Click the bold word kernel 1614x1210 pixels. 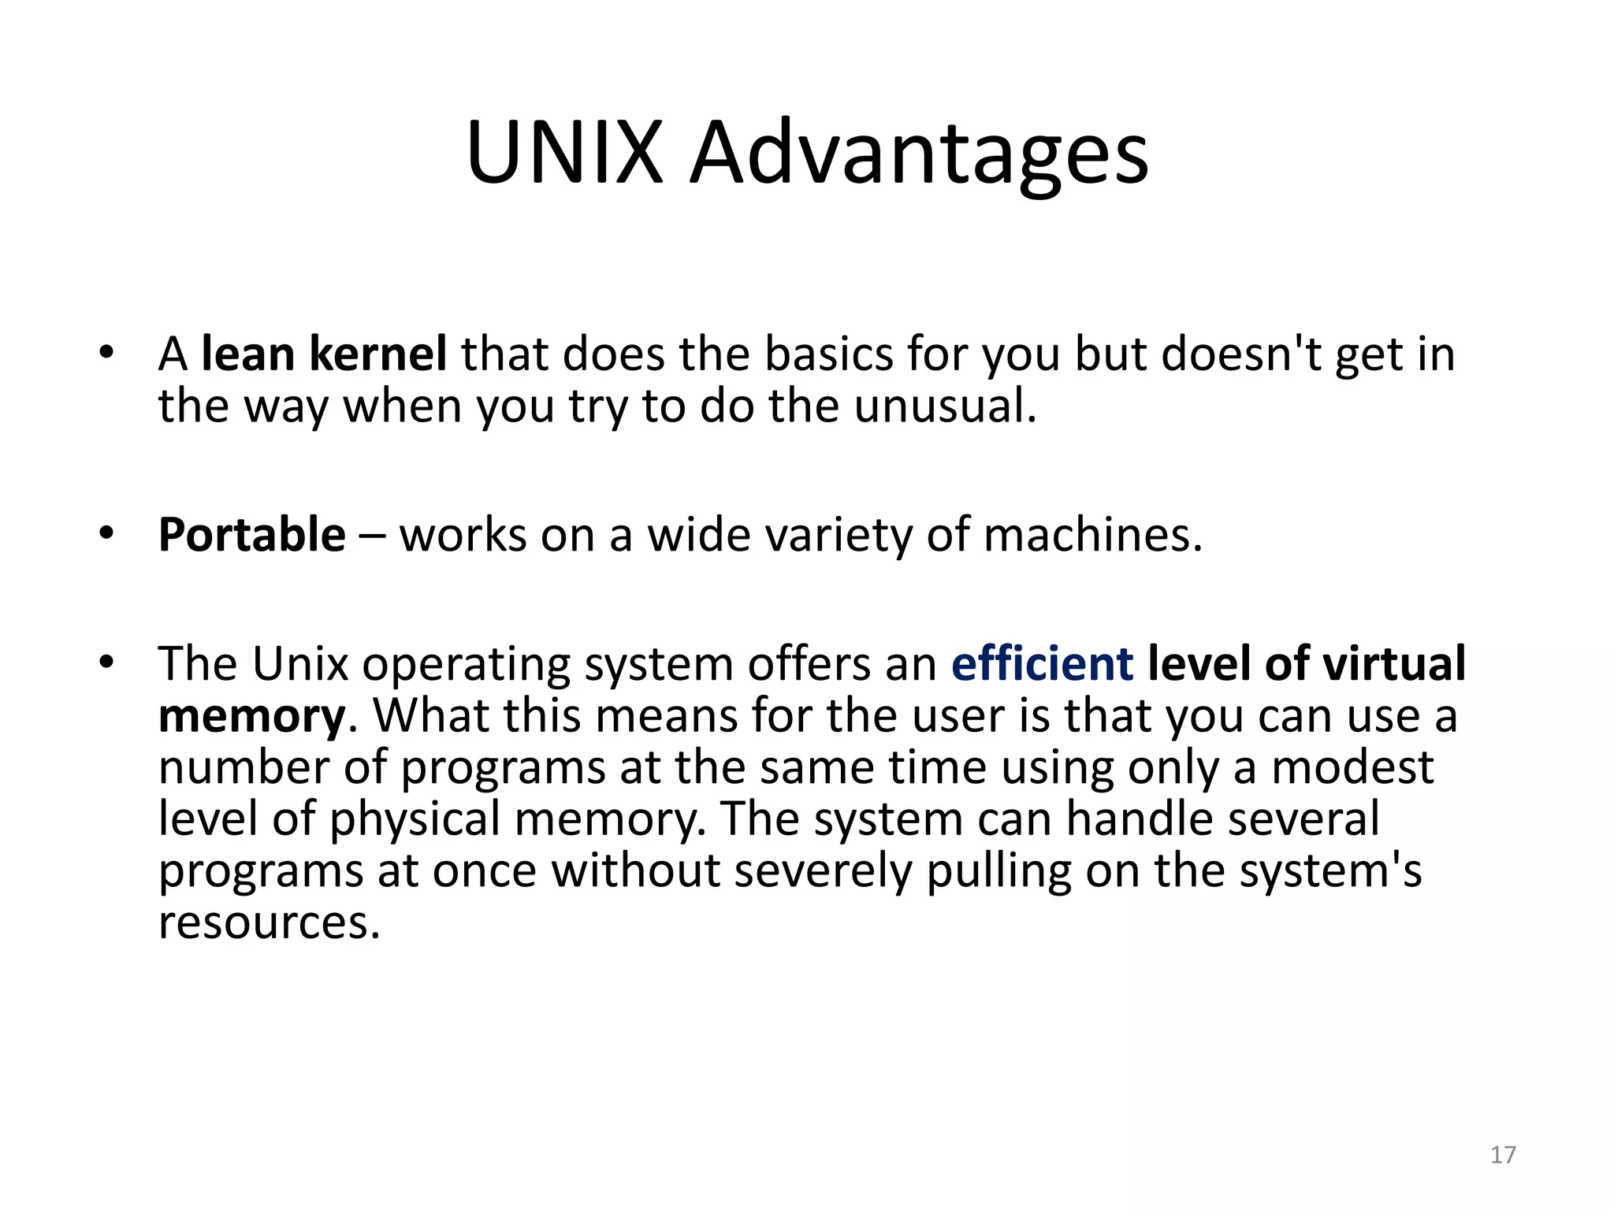378,354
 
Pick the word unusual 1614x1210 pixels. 945,406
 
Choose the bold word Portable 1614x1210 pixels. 252,536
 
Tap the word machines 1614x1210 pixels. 1093,536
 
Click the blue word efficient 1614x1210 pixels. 1042,664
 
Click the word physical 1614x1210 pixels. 415,820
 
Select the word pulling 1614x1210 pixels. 999,872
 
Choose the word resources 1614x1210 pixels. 269,922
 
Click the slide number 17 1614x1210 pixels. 1503,1155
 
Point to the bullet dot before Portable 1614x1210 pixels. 107,534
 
